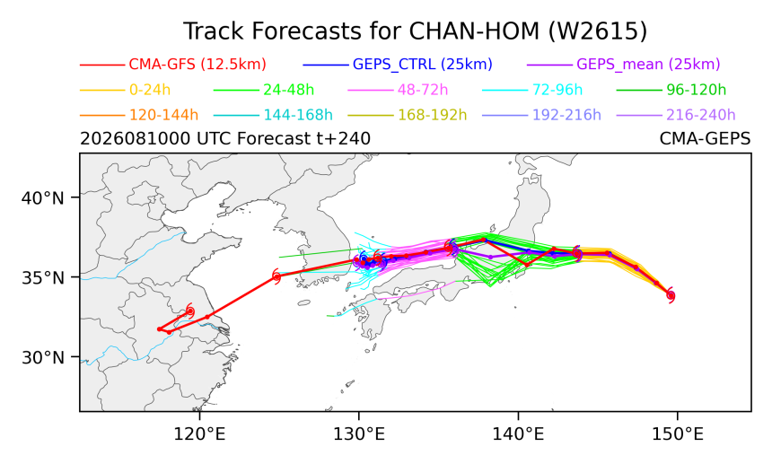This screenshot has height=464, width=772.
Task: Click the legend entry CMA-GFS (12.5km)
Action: [x=197, y=65]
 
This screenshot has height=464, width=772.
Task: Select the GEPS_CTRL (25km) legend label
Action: [x=423, y=65]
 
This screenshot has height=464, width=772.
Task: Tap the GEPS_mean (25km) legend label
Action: [x=648, y=65]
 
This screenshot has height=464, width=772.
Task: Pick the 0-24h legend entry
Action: [x=150, y=90]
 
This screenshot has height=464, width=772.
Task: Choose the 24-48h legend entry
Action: [x=288, y=90]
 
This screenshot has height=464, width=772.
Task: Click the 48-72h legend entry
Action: [x=423, y=90]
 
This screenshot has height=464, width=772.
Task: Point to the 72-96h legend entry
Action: [x=557, y=90]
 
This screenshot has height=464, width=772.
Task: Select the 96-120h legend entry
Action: [x=697, y=90]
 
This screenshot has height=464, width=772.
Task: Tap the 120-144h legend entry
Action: [x=163, y=115]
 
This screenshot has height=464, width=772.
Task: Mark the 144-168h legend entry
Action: [x=298, y=115]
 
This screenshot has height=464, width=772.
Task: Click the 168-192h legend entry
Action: [x=433, y=115]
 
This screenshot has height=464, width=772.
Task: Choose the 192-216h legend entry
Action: [x=566, y=115]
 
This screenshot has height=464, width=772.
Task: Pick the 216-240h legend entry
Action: [x=700, y=115]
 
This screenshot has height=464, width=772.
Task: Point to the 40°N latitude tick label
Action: [x=43, y=198]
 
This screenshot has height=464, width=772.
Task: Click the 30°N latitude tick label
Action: [x=43, y=357]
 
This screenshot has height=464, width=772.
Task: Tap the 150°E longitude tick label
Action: [x=678, y=434]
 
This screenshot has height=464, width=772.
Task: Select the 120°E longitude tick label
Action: [x=199, y=434]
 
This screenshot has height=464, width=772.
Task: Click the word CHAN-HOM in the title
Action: [x=474, y=31]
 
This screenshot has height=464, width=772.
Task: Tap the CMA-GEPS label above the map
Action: [x=705, y=139]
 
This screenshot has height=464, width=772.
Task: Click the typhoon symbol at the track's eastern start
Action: [x=671, y=295]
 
